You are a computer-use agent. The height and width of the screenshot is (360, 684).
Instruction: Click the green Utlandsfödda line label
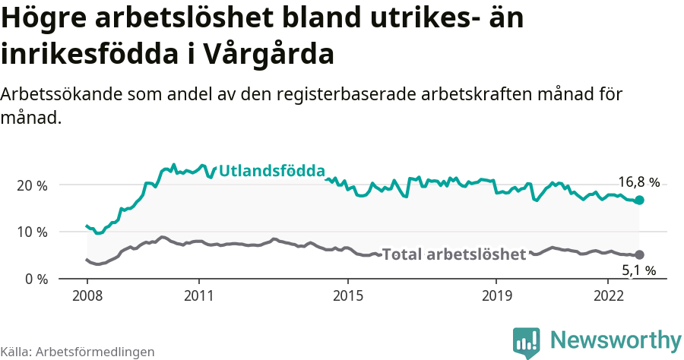pos(271,171)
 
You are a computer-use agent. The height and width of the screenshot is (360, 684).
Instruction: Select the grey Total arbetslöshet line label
pos(454,254)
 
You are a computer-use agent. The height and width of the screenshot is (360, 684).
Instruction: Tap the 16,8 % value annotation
pos(638,182)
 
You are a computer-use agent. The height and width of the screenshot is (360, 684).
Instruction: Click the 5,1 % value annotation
pos(638,270)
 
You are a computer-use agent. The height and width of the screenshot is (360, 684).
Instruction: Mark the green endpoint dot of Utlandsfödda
pos(639,200)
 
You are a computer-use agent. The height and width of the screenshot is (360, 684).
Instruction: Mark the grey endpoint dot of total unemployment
pos(639,254)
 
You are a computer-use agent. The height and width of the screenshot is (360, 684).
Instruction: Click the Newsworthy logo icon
pos(527,343)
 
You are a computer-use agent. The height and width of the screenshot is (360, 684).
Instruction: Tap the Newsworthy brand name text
pos(616,340)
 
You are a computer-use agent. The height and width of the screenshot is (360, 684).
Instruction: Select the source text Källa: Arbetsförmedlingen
pos(78,352)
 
